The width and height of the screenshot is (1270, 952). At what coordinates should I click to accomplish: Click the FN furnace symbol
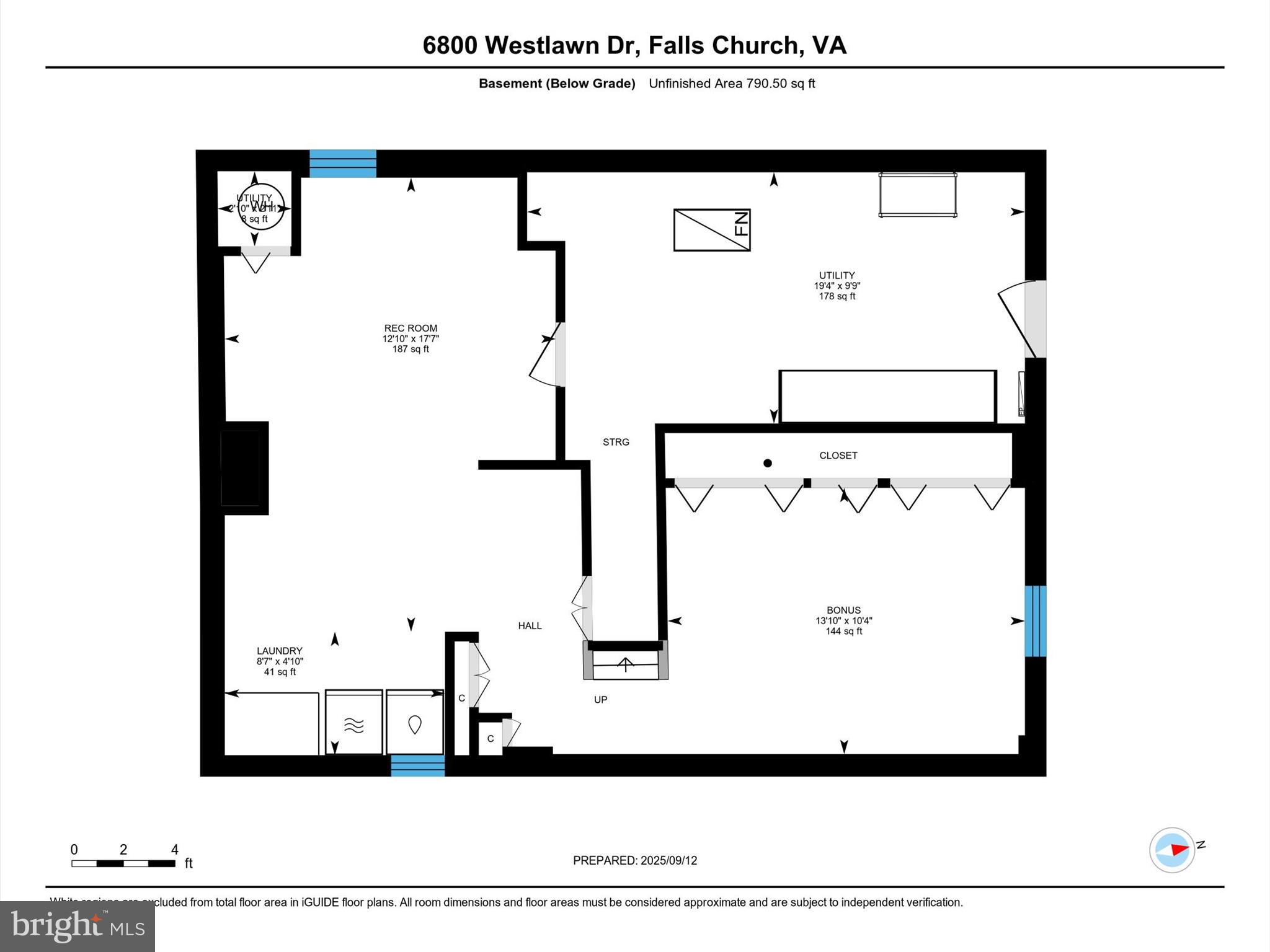pos(712,230)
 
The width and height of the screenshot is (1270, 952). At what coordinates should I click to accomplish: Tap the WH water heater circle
pos(261,207)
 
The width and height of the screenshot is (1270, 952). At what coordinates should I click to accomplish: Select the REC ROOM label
pos(411,328)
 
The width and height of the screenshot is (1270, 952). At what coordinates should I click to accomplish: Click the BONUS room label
pos(843,610)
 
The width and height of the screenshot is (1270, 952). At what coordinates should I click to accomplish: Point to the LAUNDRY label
pos(280,651)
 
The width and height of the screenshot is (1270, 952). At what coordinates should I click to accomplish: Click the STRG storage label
pos(616,442)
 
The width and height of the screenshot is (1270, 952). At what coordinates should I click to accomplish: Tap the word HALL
pos(530,626)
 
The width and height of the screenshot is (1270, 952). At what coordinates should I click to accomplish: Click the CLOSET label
pos(838,456)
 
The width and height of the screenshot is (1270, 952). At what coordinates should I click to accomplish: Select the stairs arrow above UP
pos(626,664)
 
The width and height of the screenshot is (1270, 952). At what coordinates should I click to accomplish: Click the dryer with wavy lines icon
pos(353,723)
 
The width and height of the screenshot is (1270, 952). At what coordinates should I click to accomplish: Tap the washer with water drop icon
pos(415,723)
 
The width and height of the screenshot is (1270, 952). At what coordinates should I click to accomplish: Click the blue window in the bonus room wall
pos(1035,621)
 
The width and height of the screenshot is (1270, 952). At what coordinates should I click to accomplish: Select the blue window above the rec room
pos(343,164)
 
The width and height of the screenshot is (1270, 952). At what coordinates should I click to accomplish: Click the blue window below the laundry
pos(417,765)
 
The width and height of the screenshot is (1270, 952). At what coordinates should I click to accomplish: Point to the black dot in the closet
pos(768,463)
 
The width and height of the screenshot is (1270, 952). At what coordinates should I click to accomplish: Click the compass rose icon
pos(1172,850)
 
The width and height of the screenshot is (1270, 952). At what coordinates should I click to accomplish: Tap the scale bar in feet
pos(123,863)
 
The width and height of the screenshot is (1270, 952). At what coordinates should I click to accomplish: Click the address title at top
pos(634,45)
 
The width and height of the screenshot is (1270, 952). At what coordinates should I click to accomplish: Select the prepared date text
pos(634,860)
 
